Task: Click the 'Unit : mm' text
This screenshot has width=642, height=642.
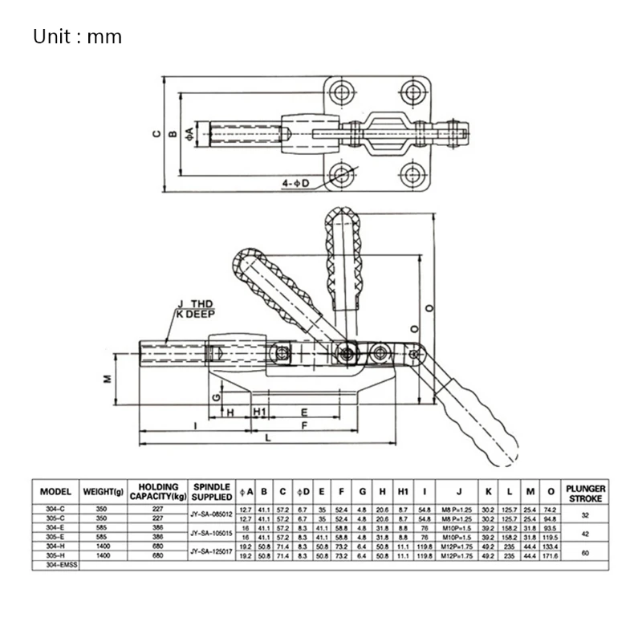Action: point(77,37)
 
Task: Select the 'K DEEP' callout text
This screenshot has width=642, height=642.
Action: point(193,315)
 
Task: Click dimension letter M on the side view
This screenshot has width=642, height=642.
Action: point(107,379)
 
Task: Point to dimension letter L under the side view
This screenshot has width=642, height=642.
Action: point(267,437)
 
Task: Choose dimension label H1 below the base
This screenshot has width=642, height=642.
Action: point(260,412)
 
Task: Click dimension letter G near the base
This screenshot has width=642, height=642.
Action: point(215,396)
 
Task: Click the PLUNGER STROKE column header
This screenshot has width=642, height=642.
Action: point(585,492)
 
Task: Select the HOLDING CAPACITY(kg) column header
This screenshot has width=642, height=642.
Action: point(157,491)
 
